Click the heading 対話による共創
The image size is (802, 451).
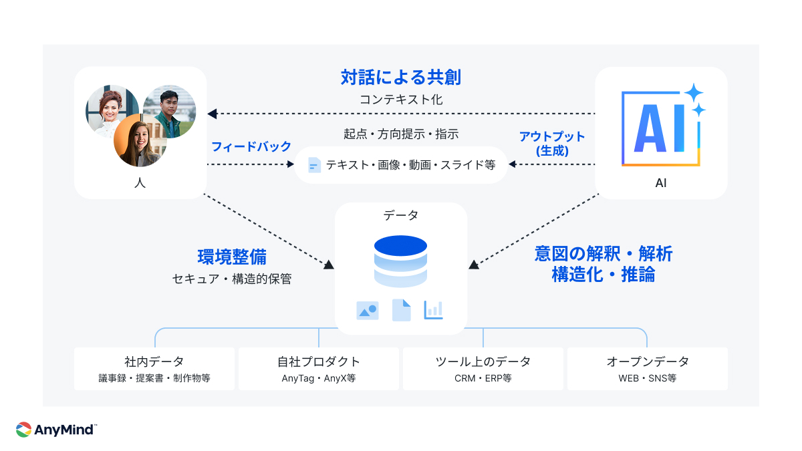[400, 78]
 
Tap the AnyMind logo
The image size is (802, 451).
[56, 429]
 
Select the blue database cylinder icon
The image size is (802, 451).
[400, 261]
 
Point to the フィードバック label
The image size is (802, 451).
[251, 146]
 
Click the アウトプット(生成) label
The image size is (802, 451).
[552, 144]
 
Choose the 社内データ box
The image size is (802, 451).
[154, 369]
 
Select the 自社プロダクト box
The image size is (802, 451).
[319, 369]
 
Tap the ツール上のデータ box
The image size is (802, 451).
[483, 369]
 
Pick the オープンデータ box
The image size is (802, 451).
[647, 369]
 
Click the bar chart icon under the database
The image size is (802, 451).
[433, 310]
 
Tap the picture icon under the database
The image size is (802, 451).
[368, 310]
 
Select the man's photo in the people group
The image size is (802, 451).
[170, 112]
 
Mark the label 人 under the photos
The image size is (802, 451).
[140, 182]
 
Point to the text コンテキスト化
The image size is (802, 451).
[400, 100]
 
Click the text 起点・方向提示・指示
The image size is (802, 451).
[400, 134]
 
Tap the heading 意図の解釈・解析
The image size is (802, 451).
[604, 254]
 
